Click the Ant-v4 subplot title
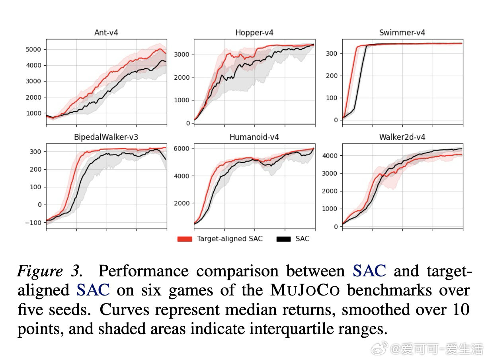[106, 33]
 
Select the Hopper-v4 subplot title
[254, 33]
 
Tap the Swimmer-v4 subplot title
[402, 33]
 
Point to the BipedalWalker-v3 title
[106, 137]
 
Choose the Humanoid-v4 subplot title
[254, 137]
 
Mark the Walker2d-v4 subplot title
[402, 137]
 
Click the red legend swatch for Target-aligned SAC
[185, 239]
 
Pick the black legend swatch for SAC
[284, 239]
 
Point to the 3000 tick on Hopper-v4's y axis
[182, 54]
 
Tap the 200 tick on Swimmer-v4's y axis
[332, 76]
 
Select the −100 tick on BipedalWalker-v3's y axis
[33, 223]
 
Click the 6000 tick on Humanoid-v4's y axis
[182, 149]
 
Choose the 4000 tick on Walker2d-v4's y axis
[330, 156]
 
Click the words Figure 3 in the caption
[50, 271]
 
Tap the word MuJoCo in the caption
[305, 290]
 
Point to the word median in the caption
[264, 310]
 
